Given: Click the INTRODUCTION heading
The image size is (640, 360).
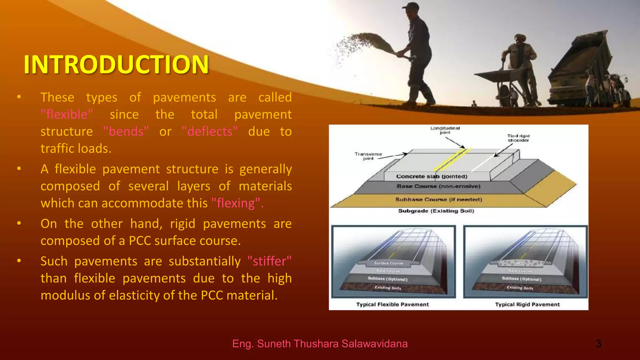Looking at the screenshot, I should click(116, 64).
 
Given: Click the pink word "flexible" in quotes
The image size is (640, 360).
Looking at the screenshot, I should click(67, 114).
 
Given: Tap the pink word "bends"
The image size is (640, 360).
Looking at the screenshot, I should click(126, 132).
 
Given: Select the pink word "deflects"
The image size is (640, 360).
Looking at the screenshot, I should click(210, 132).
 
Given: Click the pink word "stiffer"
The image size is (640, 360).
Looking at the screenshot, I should click(269, 261).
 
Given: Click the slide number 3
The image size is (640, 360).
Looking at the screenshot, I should click(598, 343).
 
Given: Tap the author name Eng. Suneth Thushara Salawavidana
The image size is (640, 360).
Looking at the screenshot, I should click(320, 343).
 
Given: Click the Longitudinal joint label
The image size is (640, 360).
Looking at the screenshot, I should click(445, 130).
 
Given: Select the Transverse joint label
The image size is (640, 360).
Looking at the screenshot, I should click(368, 156).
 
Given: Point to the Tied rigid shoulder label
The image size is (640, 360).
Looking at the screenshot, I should click(518, 138).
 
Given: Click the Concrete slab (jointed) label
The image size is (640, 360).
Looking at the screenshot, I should click(432, 177).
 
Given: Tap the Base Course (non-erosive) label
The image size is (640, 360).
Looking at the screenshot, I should click(438, 186).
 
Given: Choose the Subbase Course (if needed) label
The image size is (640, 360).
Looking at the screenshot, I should click(438, 199).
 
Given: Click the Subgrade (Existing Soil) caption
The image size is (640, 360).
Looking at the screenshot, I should click(436, 211).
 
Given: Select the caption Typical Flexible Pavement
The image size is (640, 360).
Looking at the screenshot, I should click(392, 304).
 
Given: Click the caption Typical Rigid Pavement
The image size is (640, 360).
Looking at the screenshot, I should click(527, 304).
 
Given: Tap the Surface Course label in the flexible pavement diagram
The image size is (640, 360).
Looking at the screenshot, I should click(388, 263).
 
